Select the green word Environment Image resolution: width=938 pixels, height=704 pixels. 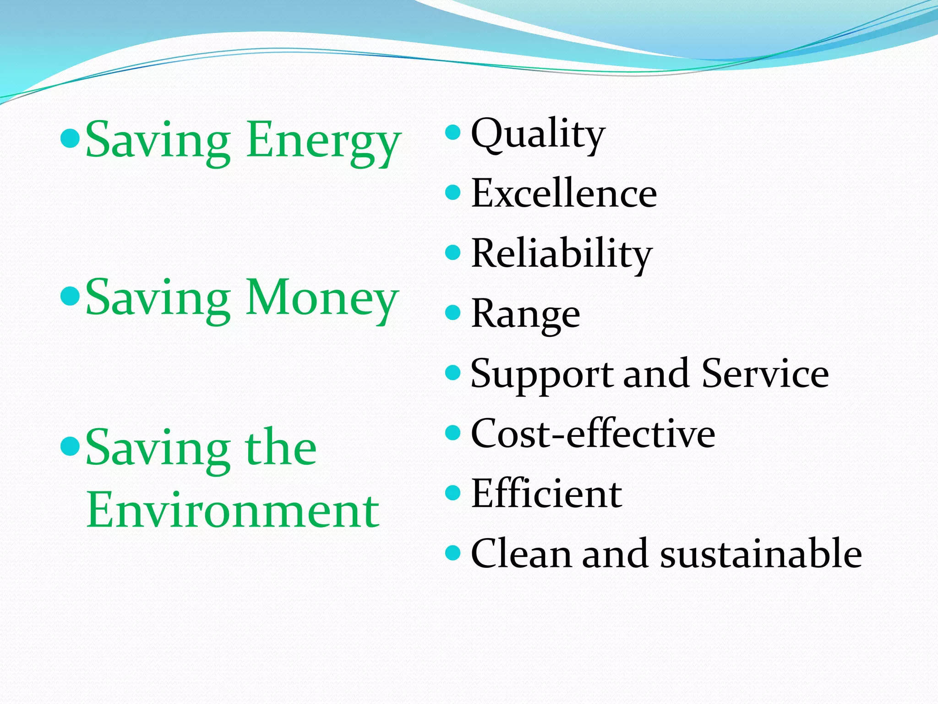pos(233,510)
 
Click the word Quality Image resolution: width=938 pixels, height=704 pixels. pos(538,135)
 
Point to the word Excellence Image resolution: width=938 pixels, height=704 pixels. pos(564,193)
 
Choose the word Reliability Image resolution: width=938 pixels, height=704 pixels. pos(562,254)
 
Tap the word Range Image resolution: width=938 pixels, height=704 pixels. pos(525,314)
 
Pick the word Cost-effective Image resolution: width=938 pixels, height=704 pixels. pos(593,434)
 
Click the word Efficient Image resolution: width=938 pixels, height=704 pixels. pos(546,494)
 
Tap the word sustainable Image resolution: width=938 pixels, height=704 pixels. pos(761,554)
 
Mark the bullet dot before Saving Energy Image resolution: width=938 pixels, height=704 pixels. pos(71,138)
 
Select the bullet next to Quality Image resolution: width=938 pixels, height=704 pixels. pos(453,132)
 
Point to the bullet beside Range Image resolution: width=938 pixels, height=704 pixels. pos(453,313)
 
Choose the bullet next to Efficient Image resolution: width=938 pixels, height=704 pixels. pos(453,493)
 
